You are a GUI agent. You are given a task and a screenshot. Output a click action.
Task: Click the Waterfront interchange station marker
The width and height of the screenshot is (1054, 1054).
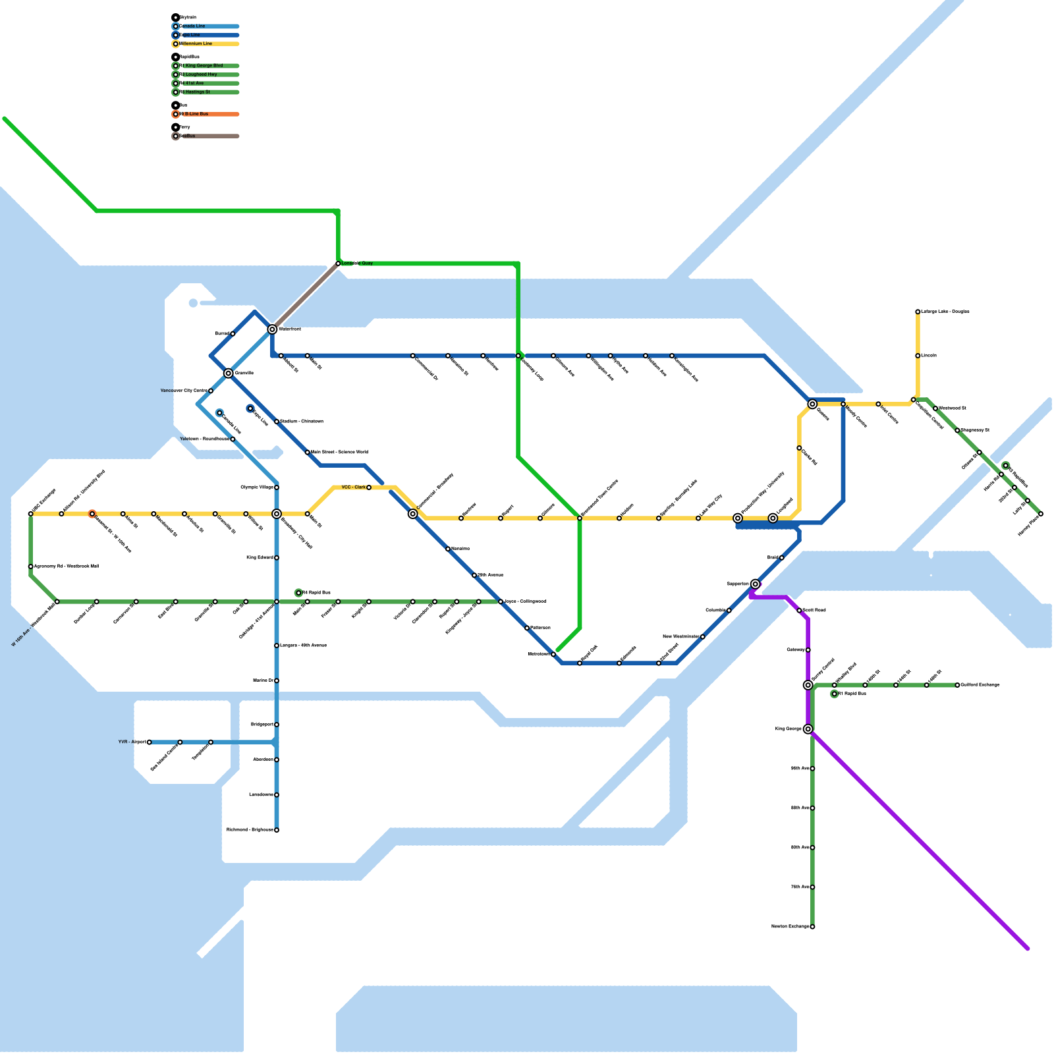tap(272, 329)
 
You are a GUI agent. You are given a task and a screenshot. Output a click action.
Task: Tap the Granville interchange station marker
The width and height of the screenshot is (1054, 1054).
tap(228, 374)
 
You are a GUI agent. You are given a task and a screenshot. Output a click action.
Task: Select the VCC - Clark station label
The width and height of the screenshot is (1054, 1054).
tap(354, 487)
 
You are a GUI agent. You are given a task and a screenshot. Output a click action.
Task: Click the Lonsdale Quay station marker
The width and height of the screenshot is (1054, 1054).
tap(338, 263)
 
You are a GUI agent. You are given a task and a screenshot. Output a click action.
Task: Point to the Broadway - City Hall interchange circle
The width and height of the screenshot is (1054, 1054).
tap(277, 514)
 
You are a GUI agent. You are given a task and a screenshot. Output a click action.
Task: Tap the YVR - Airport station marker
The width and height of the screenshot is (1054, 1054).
tap(150, 742)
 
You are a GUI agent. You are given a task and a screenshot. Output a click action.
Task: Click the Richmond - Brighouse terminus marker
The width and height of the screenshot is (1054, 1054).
tap(277, 830)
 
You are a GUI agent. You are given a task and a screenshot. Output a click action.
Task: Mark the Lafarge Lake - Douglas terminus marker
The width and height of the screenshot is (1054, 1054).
tap(918, 312)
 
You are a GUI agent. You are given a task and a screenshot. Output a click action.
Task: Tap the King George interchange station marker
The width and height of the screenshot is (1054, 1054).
tap(808, 729)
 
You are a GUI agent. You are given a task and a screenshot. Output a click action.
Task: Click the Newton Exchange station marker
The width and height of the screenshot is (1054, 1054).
tap(812, 927)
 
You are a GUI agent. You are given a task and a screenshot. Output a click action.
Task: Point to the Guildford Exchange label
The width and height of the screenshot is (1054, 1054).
tap(980, 685)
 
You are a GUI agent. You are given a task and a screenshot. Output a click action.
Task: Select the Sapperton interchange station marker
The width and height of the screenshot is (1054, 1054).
tap(756, 584)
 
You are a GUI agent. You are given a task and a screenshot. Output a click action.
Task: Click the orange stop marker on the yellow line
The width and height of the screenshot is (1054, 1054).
tap(92, 514)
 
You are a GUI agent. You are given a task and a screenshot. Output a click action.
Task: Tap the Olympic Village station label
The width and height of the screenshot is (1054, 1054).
tap(257, 487)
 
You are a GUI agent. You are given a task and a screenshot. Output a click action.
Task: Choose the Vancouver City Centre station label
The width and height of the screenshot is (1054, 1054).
tap(184, 391)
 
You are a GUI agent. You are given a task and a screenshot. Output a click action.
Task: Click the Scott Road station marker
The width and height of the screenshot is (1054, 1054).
tap(799, 611)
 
